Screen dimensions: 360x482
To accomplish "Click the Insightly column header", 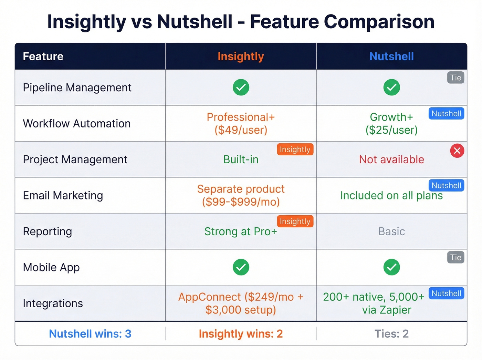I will click(x=241, y=56).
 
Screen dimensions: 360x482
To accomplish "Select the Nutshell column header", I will click(x=391, y=56).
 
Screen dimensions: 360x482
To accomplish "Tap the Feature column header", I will click(x=43, y=56).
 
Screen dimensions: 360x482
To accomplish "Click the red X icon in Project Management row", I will click(x=457, y=151).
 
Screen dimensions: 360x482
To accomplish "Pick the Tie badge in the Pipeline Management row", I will click(x=455, y=78).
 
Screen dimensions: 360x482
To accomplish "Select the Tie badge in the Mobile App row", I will click(x=455, y=257).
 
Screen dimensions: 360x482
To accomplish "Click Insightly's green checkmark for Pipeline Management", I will click(x=241, y=88).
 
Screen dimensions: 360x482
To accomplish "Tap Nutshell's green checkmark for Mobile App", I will click(x=391, y=267).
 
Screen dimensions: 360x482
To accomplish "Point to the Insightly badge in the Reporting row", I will click(x=295, y=221).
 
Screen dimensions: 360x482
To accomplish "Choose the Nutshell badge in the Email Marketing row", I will click(x=446, y=185).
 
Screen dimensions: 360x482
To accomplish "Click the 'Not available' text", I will click(x=391, y=160).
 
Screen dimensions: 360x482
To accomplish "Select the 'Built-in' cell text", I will click(x=241, y=160).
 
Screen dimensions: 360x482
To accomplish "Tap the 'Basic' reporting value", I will click(x=391, y=232).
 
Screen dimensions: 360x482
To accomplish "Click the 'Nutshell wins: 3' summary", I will click(x=90, y=334).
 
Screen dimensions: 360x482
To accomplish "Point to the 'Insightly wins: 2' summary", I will click(x=241, y=334).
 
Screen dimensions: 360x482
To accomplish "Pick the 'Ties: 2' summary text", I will click(x=391, y=334).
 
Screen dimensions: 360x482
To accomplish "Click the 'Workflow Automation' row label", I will click(x=77, y=124).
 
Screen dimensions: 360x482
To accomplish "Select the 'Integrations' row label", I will click(x=53, y=304).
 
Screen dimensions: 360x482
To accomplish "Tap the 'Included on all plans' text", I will click(x=391, y=196).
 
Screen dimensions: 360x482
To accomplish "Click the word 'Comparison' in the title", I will click(x=379, y=22).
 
